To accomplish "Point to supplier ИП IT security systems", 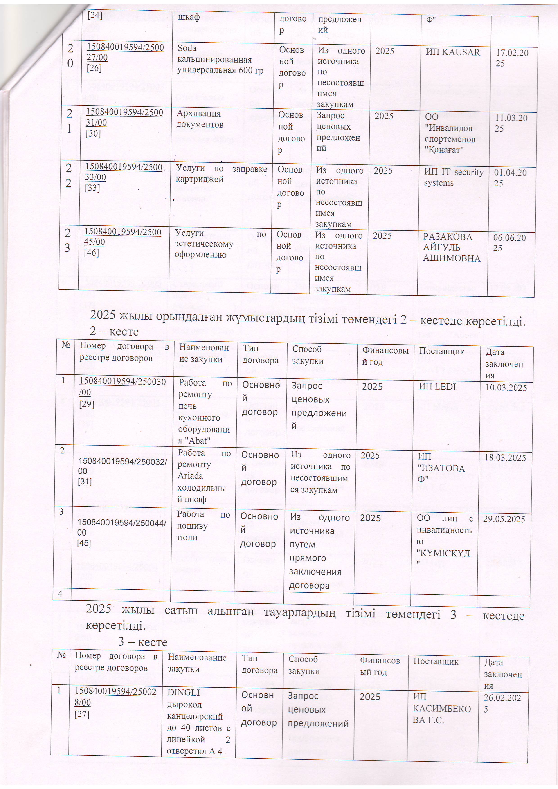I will (x=453, y=177).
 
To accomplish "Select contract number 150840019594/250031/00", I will (x=124, y=118).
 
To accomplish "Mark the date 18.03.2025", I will (x=505, y=458).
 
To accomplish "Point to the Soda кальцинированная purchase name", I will (x=220, y=59).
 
